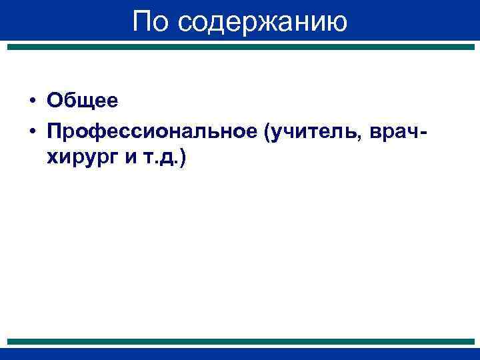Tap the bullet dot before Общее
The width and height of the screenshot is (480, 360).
(32, 101)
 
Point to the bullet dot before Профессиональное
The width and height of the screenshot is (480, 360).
(32, 133)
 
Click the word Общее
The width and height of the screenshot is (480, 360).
(82, 101)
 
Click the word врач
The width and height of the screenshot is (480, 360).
(395, 133)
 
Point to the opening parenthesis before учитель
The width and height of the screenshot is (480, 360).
(267, 133)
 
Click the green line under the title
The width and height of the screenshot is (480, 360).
(240, 47)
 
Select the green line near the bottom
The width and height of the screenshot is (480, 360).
(240, 341)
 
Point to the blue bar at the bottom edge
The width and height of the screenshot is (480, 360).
(240, 354)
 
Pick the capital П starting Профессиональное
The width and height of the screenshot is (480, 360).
(55, 133)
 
